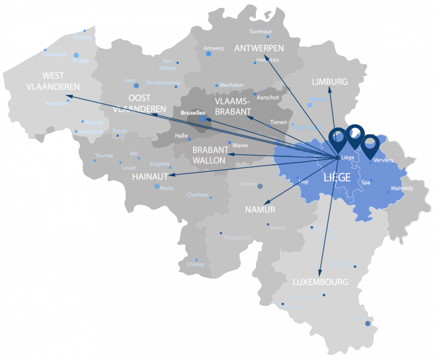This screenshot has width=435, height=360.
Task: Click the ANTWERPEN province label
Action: [x=259, y=48]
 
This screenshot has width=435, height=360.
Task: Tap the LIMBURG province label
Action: [x=330, y=82]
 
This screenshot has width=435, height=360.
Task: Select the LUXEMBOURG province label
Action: [x=320, y=282]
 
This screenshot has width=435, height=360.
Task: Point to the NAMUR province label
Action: [x=260, y=210]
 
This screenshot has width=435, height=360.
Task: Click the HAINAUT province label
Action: [x=150, y=176]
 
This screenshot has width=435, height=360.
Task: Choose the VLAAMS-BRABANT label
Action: [x=233, y=106]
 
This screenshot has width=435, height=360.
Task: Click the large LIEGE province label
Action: [x=337, y=178]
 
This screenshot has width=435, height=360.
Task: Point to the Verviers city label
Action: [x=383, y=160]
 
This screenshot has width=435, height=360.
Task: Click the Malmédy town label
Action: [x=402, y=188]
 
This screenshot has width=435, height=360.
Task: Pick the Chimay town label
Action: [x=195, y=264]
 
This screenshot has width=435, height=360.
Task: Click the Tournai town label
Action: [x=104, y=156]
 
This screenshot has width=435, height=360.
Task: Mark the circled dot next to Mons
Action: [x=156, y=187]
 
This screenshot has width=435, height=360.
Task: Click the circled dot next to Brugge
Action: [x=76, y=55]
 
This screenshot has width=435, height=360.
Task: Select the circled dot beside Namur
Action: [x=260, y=186]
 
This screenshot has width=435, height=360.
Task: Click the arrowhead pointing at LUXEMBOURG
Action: [x=320, y=272]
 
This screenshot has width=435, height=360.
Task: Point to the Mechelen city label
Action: [x=231, y=85]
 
